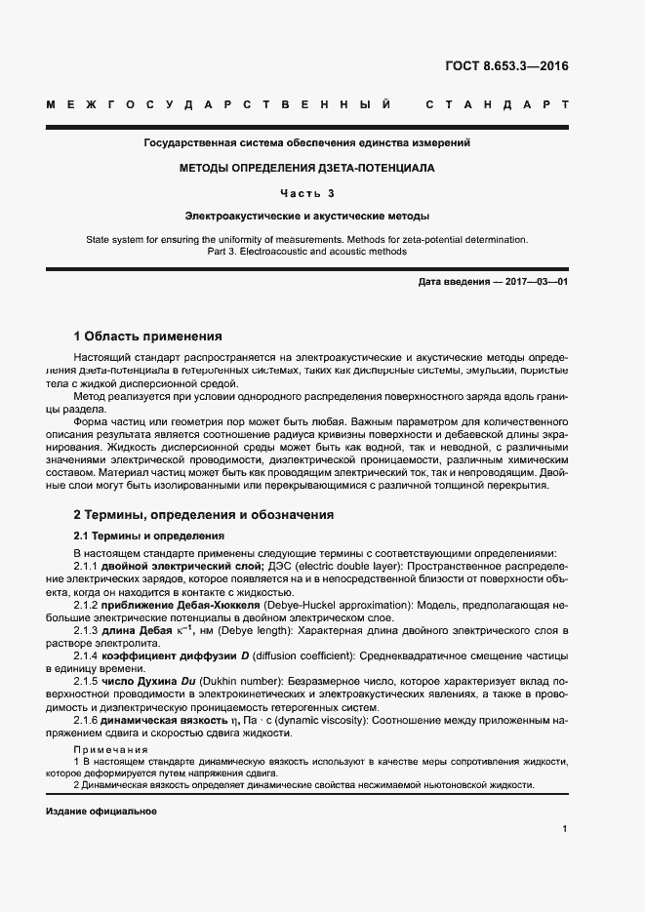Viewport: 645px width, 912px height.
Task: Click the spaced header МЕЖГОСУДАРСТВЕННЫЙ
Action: pyautogui.click(x=220, y=104)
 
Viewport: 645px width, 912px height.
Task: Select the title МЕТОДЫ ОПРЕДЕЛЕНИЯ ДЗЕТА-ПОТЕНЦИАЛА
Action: pyautogui.click(x=307, y=168)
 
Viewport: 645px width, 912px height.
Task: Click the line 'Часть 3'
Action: pyautogui.click(x=307, y=192)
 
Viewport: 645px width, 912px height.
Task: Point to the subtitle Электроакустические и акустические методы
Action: pyautogui.click(x=307, y=216)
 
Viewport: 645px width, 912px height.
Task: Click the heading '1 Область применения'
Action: pyautogui.click(x=148, y=336)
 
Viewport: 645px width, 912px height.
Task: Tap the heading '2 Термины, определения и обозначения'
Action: pyautogui.click(x=204, y=514)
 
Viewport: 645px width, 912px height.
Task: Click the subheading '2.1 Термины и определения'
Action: pyautogui.click(x=149, y=535)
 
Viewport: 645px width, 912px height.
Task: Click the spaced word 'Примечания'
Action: pyautogui.click(x=110, y=748)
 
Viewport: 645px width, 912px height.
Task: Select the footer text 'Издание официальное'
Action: pyautogui.click(x=101, y=812)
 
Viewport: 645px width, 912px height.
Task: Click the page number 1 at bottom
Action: pyautogui.click(x=565, y=828)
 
